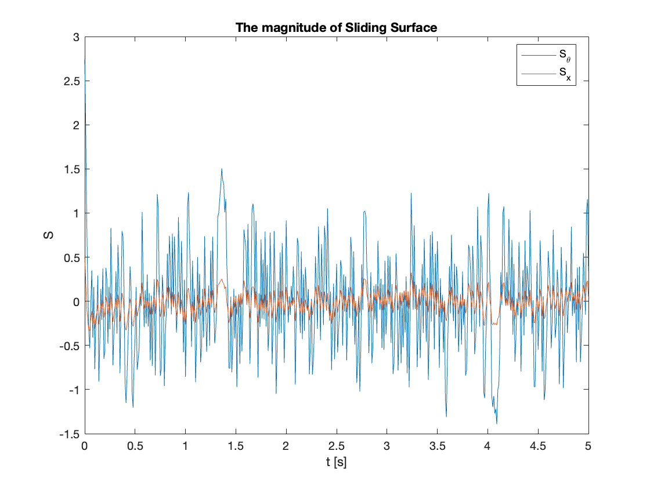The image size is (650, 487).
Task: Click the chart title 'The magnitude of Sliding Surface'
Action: click(x=336, y=28)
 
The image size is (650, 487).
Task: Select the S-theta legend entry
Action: click(x=546, y=55)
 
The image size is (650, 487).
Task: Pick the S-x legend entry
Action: click(x=546, y=74)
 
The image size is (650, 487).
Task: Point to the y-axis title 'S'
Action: click(x=49, y=235)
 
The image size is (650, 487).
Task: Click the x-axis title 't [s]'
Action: click(x=336, y=461)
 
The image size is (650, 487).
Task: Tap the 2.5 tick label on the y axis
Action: click(x=72, y=81)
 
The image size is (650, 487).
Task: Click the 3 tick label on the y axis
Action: click(x=76, y=37)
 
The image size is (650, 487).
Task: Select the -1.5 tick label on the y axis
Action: click(x=70, y=434)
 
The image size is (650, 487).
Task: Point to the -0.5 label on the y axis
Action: click(x=70, y=346)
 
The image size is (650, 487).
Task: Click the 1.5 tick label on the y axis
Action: click(x=72, y=169)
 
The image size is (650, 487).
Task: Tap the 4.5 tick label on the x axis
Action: click(x=538, y=446)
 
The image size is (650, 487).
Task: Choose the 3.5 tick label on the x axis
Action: click(x=438, y=446)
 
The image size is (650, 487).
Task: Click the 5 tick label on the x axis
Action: click(x=588, y=446)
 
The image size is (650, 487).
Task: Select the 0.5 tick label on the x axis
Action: click(x=135, y=446)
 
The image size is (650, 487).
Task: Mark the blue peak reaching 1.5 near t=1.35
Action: click(x=222, y=169)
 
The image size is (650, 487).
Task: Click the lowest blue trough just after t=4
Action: click(x=497, y=423)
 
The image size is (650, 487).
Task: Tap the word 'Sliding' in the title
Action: click(x=366, y=28)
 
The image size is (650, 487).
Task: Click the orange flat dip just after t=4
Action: click(x=494, y=324)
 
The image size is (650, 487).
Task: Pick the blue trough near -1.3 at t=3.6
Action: click(x=446, y=416)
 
